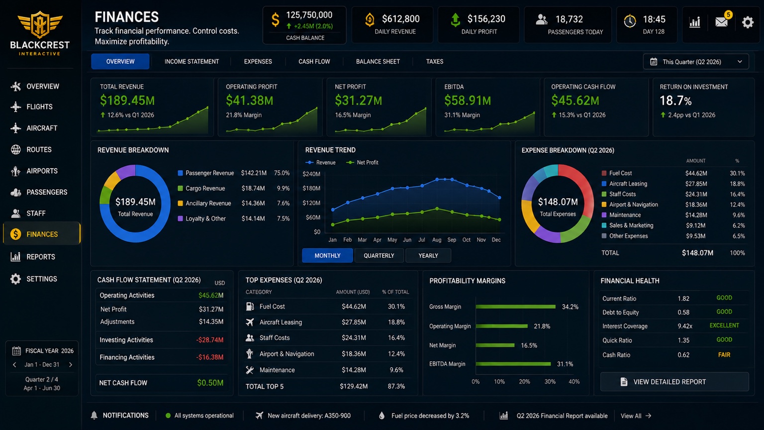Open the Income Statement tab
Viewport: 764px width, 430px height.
point(191,61)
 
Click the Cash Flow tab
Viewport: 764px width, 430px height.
point(314,61)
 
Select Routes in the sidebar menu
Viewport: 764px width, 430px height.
point(39,149)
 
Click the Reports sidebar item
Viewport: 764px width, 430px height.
point(41,257)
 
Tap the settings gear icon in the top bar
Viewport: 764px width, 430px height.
point(747,22)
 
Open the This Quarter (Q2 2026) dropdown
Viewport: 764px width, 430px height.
point(696,62)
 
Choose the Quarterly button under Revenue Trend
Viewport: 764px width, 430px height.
point(379,256)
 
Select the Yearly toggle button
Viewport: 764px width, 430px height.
point(428,256)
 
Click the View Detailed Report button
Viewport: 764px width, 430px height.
point(674,382)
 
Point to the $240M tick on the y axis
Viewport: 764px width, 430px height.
point(311,174)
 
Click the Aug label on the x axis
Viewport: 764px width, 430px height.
point(437,240)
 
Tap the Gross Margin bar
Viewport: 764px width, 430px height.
point(515,307)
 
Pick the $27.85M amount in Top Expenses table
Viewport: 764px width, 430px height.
point(354,322)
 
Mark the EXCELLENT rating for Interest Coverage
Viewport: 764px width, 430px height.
point(724,325)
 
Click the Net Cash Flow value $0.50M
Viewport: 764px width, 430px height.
point(210,383)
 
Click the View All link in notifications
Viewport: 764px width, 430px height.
point(636,416)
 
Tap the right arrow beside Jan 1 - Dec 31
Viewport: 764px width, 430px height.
point(71,364)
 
